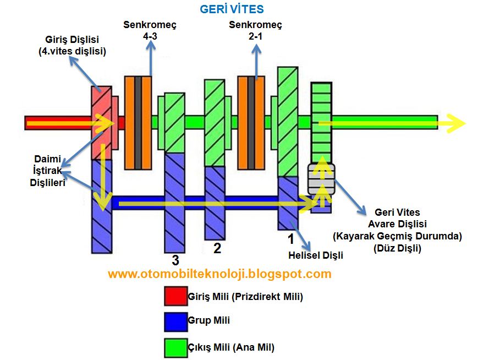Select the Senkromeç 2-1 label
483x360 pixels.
click(255, 30)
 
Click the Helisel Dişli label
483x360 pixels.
click(316, 255)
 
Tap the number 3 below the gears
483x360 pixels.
click(175, 260)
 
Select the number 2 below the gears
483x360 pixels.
click(217, 248)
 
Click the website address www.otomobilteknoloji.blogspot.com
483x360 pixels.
click(219, 274)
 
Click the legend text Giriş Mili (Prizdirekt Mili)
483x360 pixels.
click(245, 297)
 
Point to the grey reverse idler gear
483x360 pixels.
click(321, 179)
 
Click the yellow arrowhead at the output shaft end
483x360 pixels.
click(455, 123)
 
